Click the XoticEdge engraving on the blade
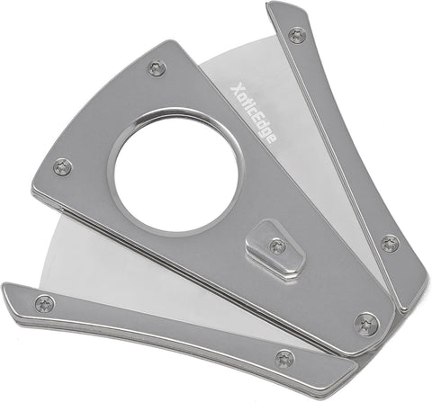(254, 114)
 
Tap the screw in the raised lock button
(277, 246)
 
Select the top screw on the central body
(157, 68)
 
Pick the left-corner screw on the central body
(63, 166)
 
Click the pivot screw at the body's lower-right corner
(366, 324)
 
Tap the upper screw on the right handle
(297, 35)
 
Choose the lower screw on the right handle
(390, 244)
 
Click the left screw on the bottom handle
(45, 304)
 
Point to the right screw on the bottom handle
(284, 359)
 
